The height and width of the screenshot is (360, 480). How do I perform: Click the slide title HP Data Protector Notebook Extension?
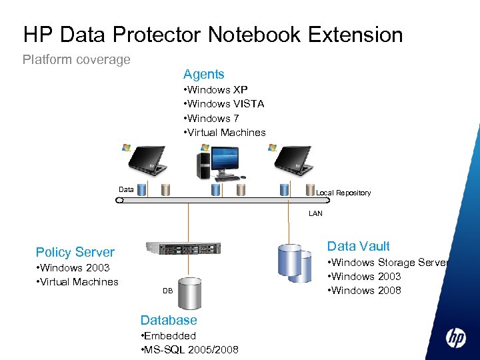pyautogui.click(x=213, y=34)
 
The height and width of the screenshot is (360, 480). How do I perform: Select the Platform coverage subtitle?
pyautogui.click(x=77, y=59)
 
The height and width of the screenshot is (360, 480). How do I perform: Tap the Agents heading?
pyautogui.click(x=204, y=74)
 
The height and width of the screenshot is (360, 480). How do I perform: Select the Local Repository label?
pyautogui.click(x=343, y=193)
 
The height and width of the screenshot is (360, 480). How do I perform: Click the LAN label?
pyautogui.click(x=315, y=214)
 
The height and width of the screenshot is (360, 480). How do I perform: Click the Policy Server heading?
pyautogui.click(x=75, y=252)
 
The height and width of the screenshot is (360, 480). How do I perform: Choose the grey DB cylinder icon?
pyautogui.click(x=190, y=291)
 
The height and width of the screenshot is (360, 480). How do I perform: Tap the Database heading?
pyautogui.click(x=169, y=320)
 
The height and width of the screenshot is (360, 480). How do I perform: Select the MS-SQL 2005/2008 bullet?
pyautogui.click(x=190, y=350)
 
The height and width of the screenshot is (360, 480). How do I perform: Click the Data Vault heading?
pyautogui.click(x=358, y=246)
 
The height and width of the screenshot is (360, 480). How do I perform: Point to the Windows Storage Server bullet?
pyautogui.click(x=387, y=263)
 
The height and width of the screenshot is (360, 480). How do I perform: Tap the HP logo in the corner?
pyautogui.click(x=456, y=338)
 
